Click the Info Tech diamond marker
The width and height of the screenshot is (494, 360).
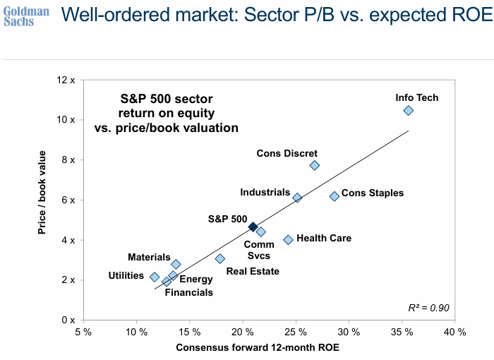tap(408, 111)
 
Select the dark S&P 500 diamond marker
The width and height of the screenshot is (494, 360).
tap(253, 227)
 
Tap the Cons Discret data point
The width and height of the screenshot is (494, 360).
tap(315, 165)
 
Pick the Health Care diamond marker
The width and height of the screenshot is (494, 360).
tap(288, 240)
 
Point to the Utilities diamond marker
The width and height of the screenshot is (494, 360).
tap(155, 277)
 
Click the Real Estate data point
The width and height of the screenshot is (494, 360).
tap(220, 259)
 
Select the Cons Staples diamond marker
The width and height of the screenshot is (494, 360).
tap(335, 196)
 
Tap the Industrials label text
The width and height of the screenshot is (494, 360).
tap(265, 192)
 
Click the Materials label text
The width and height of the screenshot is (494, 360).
tap(149, 258)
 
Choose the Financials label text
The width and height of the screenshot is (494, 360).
tap(188, 292)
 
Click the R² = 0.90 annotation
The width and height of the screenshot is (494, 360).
tap(429, 308)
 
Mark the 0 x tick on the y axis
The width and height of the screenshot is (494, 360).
tap(69, 320)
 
